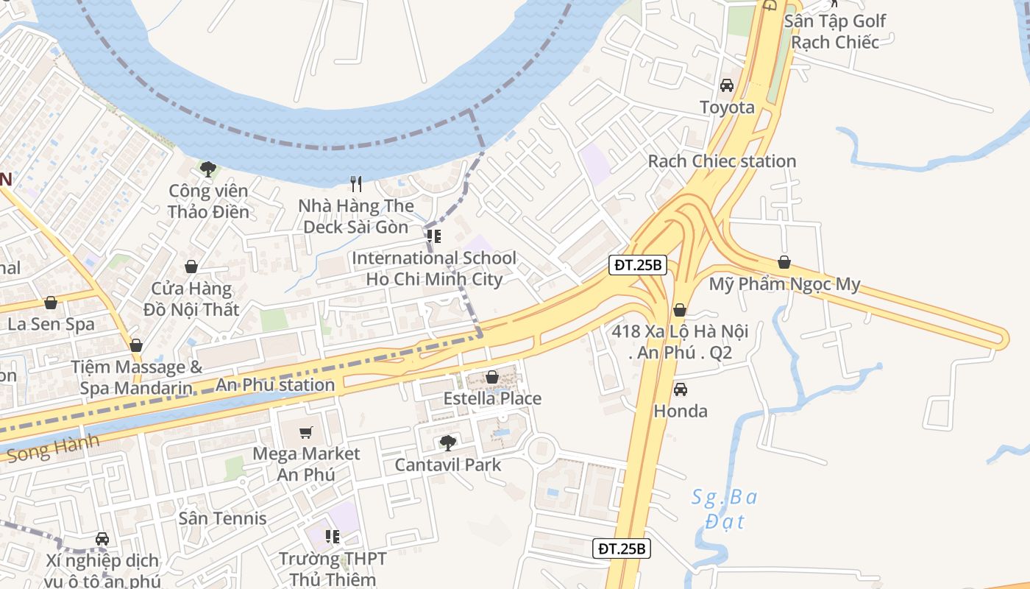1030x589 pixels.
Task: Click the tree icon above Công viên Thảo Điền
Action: pyautogui.click(x=208, y=169)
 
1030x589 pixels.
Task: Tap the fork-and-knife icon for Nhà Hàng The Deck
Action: pyautogui.click(x=357, y=183)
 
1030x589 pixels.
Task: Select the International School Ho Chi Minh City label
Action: pyautogui.click(x=434, y=269)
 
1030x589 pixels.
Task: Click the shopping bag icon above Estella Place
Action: pyautogui.click(x=492, y=377)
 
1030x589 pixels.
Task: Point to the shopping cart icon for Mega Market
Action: pyautogui.click(x=306, y=432)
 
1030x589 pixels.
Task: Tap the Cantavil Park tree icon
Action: pyautogui.click(x=447, y=442)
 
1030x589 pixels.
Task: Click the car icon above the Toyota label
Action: pyautogui.click(x=727, y=85)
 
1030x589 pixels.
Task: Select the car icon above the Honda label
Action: pyautogui.click(x=681, y=389)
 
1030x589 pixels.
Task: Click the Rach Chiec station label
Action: pyautogui.click(x=722, y=161)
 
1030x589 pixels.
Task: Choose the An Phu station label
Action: pyautogui.click(x=275, y=384)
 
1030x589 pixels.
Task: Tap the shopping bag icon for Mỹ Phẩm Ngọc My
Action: pyautogui.click(x=784, y=262)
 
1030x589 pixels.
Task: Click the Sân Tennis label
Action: pyautogui.click(x=223, y=518)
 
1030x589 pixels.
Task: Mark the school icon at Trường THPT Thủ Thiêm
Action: pyautogui.click(x=333, y=537)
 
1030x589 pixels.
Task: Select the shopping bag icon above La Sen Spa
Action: pyautogui.click(x=51, y=303)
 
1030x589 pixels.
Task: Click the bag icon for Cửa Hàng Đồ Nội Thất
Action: pyautogui.click(x=191, y=267)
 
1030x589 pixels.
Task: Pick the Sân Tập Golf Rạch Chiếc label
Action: pyautogui.click(x=835, y=31)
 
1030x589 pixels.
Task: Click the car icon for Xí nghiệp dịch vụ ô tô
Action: pyautogui.click(x=102, y=539)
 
